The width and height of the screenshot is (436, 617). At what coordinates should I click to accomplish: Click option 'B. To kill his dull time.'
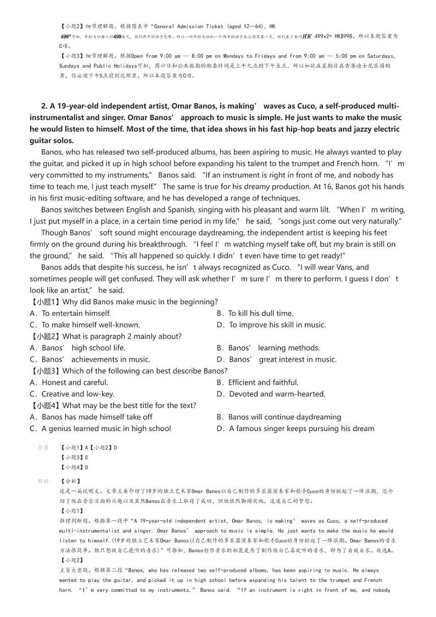[x=255, y=313]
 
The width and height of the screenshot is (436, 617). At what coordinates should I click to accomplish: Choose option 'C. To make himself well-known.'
[x=85, y=325]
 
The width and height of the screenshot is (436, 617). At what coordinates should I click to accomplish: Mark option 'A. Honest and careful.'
[x=69, y=383]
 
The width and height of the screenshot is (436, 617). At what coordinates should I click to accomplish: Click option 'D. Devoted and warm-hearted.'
[x=271, y=394]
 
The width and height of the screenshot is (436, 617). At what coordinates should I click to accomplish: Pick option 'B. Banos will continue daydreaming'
[x=278, y=417]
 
